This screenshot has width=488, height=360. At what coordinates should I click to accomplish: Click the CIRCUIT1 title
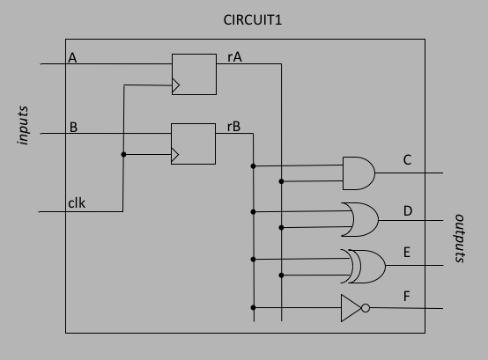pyautogui.click(x=253, y=20)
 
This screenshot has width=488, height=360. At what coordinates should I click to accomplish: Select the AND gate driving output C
pyautogui.click(x=359, y=173)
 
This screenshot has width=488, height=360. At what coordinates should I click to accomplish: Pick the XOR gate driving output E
pyautogui.click(x=363, y=266)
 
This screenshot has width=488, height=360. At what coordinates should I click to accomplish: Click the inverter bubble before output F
pyautogui.click(x=366, y=308)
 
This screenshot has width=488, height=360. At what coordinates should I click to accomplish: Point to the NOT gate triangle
pyautogui.click(x=351, y=308)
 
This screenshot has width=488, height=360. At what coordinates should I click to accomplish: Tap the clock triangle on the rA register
pyautogui.click(x=176, y=85)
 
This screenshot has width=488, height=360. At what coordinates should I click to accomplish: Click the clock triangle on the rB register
pyautogui.click(x=175, y=155)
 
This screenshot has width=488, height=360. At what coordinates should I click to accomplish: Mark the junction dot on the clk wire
pyautogui.click(x=123, y=155)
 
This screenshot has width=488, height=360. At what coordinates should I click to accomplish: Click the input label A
pyautogui.click(x=72, y=58)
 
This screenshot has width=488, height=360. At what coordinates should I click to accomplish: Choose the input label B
pyautogui.click(x=73, y=127)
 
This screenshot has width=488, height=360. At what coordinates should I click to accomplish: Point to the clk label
pyautogui.click(x=77, y=203)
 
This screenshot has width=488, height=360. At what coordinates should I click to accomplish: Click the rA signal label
pyautogui.click(x=234, y=57)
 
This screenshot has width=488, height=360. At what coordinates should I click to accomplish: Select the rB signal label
pyautogui.click(x=233, y=127)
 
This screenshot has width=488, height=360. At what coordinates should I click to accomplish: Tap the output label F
pyautogui.click(x=406, y=297)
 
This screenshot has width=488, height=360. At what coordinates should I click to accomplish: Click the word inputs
pyautogui.click(x=23, y=125)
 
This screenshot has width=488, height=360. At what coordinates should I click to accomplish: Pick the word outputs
pyautogui.click(x=459, y=239)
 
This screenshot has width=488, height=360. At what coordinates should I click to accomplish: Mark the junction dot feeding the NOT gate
pyautogui.click(x=253, y=307)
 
